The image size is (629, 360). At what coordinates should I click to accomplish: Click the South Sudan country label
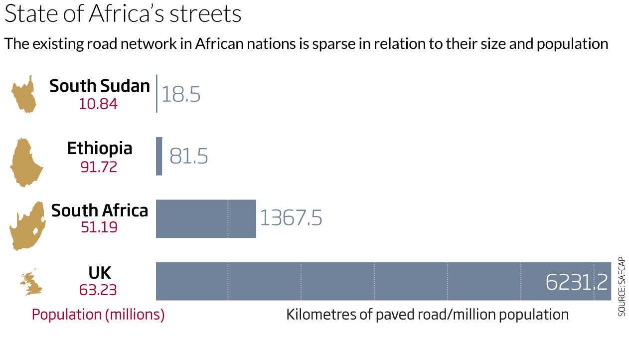[99, 86]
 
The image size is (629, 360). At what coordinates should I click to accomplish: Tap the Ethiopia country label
[100, 148]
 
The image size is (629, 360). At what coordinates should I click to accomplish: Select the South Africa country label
[100, 210]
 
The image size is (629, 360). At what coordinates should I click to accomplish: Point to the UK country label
[100, 273]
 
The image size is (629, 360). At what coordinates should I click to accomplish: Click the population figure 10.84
[98, 104]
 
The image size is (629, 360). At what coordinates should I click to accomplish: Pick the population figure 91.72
[99, 167]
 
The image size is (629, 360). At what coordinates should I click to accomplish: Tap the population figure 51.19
[99, 227]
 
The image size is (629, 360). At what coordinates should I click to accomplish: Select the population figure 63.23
[99, 290]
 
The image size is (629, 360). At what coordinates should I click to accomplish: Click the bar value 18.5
[181, 94]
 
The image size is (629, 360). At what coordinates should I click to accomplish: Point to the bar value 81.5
[188, 156]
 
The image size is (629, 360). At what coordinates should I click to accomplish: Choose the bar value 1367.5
[291, 218]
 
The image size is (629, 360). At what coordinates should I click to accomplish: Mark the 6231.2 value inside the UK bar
[577, 283]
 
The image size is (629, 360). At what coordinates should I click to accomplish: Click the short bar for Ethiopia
[159, 156]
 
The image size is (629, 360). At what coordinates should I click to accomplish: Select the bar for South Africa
[206, 219]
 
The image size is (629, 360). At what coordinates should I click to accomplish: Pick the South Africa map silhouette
[28, 226]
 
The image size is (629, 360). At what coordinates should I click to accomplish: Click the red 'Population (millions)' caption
[98, 315]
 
